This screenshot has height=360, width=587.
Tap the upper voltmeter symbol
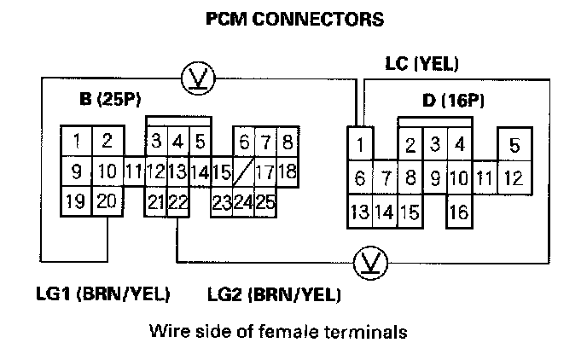(199, 79)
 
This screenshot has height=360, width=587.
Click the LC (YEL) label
(421, 63)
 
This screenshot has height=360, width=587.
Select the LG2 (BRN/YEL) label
(274, 295)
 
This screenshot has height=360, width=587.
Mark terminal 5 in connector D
(514, 145)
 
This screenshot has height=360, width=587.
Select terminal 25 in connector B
(264, 203)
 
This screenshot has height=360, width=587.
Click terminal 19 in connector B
(76, 201)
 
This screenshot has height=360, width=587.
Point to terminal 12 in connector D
(514, 178)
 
